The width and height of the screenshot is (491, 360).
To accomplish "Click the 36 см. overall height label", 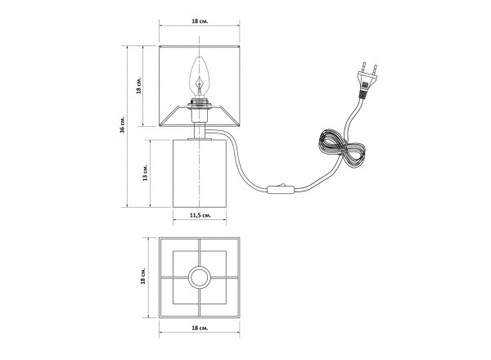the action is point(123,124).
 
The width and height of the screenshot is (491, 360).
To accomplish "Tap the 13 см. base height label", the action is point(145,173).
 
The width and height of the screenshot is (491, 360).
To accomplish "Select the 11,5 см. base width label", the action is point(200,215).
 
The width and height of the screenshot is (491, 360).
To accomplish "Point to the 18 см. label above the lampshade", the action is point(200,21).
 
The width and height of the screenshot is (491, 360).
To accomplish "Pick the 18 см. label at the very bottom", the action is point(200,328).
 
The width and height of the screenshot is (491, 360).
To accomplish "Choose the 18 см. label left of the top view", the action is point(143,276).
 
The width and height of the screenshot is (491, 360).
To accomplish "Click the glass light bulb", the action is point(199,77).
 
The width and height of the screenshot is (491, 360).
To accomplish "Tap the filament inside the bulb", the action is point(199,85).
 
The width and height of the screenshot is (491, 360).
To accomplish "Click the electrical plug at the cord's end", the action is point(367,81).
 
